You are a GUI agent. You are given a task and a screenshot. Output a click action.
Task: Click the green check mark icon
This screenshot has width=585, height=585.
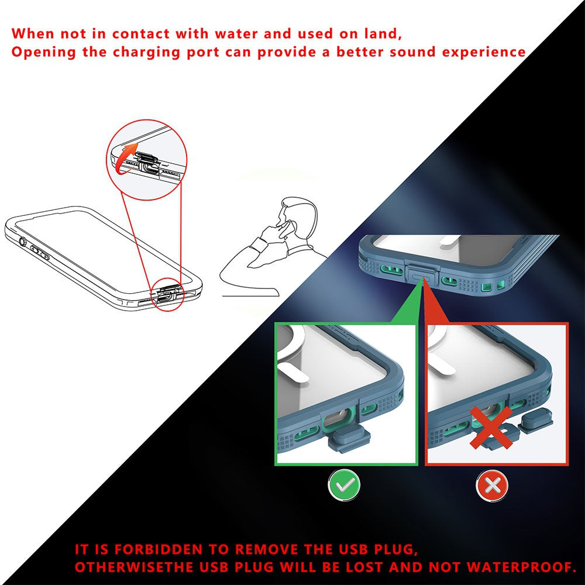point(344,485)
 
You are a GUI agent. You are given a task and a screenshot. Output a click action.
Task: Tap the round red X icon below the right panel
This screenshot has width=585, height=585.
point(491,485)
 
